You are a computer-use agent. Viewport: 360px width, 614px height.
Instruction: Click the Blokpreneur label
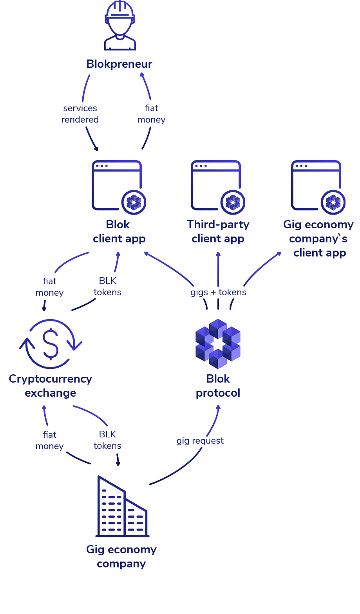(119, 64)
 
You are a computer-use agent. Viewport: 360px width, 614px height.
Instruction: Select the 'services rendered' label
(80, 114)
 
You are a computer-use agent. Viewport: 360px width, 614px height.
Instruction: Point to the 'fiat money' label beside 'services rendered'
(151, 114)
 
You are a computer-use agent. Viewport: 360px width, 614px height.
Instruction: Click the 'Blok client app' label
(119, 232)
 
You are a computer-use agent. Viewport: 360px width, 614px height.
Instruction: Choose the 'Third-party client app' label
(218, 232)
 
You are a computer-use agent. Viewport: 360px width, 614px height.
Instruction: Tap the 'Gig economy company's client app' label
(319, 238)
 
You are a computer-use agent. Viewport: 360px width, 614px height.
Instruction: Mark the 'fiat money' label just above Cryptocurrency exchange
(50, 287)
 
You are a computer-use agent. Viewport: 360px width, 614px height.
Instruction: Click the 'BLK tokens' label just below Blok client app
(107, 287)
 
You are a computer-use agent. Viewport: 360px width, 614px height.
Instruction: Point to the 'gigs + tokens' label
(218, 293)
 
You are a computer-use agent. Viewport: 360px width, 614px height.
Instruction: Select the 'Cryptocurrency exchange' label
(50, 386)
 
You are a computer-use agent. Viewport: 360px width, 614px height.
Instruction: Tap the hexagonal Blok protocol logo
(220, 344)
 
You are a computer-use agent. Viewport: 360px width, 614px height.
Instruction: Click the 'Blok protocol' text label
(218, 386)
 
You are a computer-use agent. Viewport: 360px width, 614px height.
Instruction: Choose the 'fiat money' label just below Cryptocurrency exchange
(50, 441)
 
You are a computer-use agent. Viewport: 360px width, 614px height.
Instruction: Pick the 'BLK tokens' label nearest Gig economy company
(107, 440)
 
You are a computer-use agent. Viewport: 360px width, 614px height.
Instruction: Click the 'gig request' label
(200, 441)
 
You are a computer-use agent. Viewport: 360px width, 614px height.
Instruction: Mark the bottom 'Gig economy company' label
(121, 556)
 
